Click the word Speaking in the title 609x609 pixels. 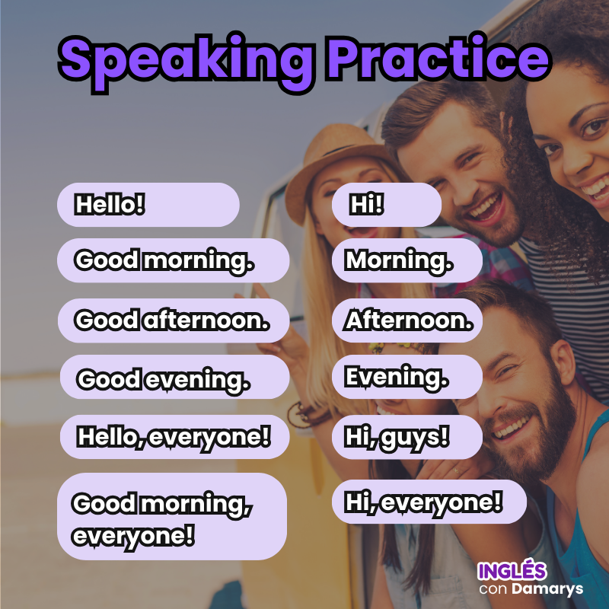(186, 62)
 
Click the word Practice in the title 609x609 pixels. (439, 58)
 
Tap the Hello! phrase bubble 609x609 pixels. (148, 205)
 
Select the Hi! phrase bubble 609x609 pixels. (387, 205)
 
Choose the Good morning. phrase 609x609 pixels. (174, 260)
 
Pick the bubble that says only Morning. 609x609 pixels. (407, 260)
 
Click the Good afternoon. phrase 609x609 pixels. (174, 320)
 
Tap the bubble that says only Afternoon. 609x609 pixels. (407, 320)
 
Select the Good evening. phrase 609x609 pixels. (175, 377)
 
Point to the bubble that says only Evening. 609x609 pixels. (407, 377)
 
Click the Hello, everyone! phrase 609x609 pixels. (175, 437)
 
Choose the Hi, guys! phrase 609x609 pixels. (407, 437)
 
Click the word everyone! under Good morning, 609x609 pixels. (133, 537)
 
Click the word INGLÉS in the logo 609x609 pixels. (512, 570)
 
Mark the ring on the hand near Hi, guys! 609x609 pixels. (456, 472)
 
